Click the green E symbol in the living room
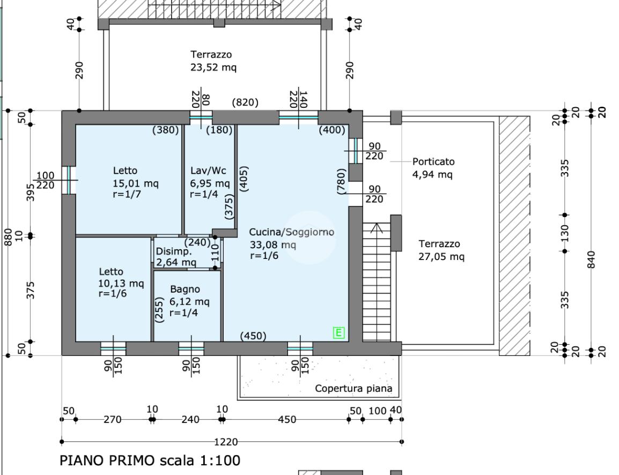[339, 333]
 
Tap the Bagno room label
[185, 290]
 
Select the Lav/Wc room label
[208, 170]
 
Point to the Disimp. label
[173, 252]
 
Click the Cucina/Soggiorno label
[291, 232]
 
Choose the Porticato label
[433, 161]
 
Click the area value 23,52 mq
[213, 68]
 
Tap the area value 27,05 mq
[441, 257]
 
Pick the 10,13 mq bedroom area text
[121, 283]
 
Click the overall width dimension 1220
[226, 442]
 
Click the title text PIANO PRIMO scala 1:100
[150, 460]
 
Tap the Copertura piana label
[353, 389]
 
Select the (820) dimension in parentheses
[245, 102]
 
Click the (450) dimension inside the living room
[253, 336]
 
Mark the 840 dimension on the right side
[592, 260]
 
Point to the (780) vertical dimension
[341, 181]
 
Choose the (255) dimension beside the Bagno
[159, 310]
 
